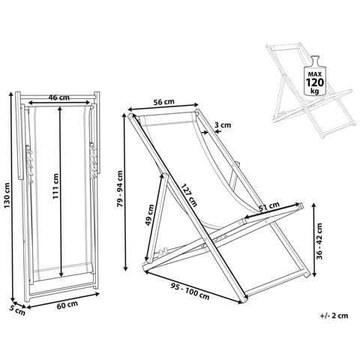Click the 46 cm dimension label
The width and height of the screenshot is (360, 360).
pyautogui.click(x=59, y=97)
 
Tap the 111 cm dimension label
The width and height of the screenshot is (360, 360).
pyautogui.click(x=55, y=186)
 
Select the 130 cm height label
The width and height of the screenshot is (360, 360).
pyautogui.click(x=7, y=196)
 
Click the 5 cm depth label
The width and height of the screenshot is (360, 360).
pyautogui.click(x=17, y=310)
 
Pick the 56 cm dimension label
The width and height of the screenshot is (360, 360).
pyautogui.click(x=163, y=102)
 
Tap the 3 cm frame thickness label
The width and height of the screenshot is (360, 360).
pyautogui.click(x=223, y=124)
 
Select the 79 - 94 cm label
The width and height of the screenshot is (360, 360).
pyautogui.click(x=120, y=189)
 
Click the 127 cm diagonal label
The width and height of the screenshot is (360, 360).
pyautogui.click(x=189, y=195)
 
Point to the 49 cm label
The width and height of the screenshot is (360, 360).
pyautogui.click(x=150, y=215)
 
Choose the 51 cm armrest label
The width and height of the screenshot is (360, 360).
pyautogui.click(x=269, y=207)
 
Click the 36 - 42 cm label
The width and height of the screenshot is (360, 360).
pyautogui.click(x=319, y=241)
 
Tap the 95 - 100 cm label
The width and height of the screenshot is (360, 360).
pyautogui.click(x=190, y=291)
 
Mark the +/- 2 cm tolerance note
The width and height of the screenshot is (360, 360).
pyautogui.click(x=334, y=316)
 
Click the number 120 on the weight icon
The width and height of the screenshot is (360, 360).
pyautogui.click(x=315, y=82)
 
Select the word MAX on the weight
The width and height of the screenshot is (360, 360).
pyautogui.click(x=315, y=74)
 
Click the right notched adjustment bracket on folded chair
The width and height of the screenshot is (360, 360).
pyautogui.click(x=93, y=160)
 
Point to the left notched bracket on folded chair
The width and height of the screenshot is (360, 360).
pyautogui.click(x=29, y=163)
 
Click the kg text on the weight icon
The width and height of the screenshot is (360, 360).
pyautogui.click(x=315, y=91)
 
